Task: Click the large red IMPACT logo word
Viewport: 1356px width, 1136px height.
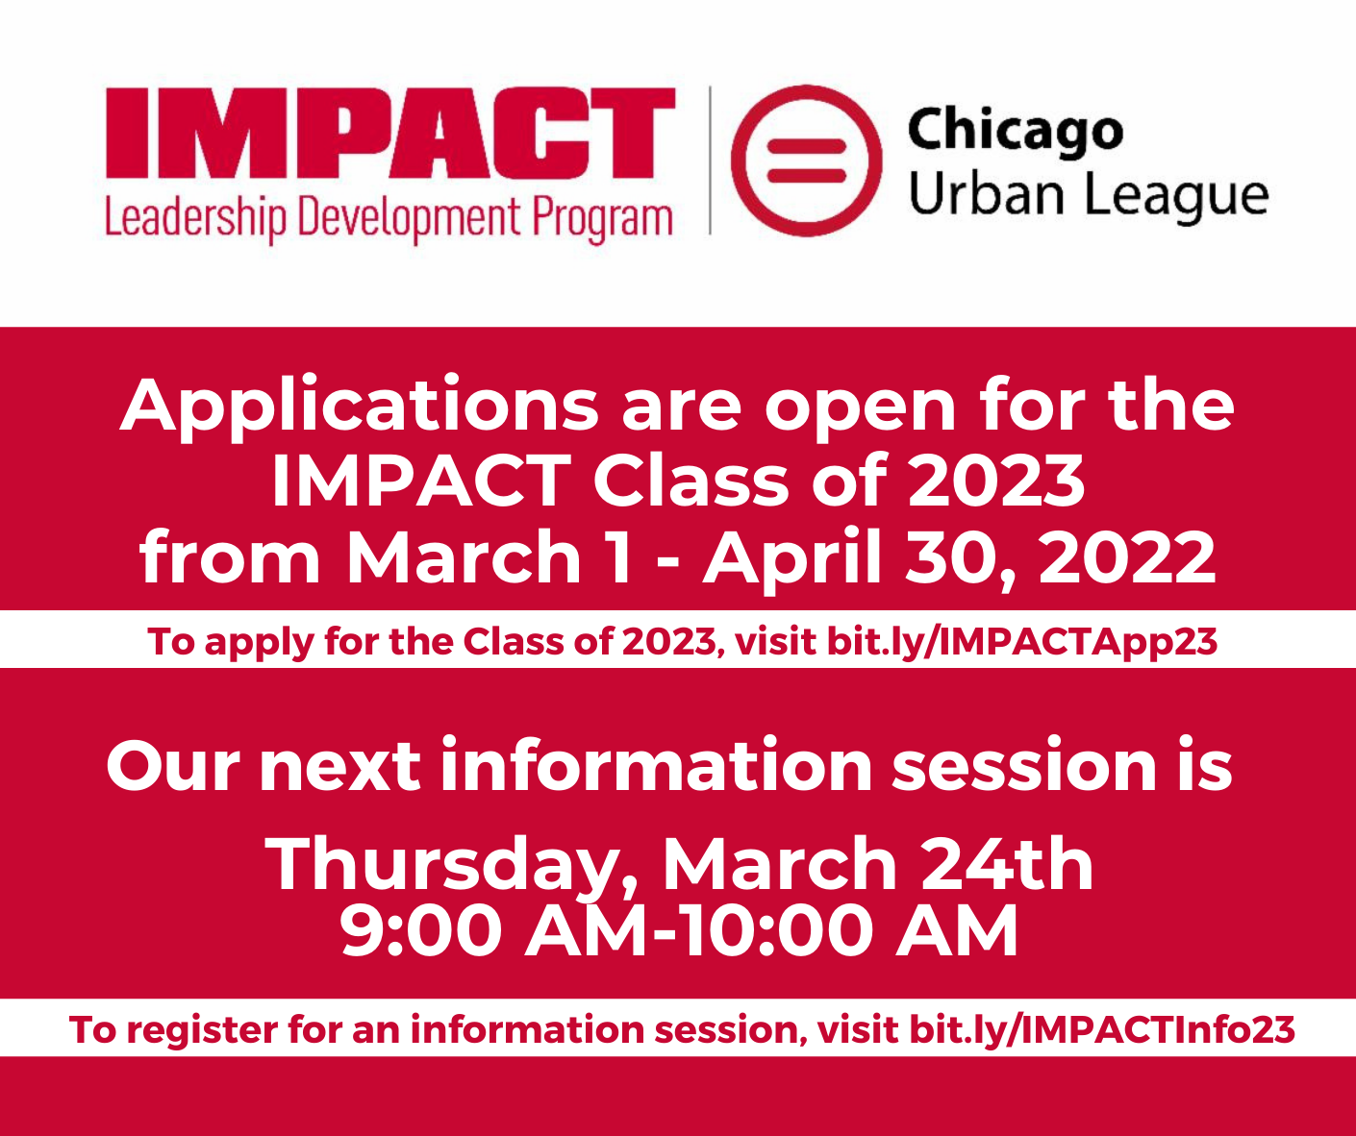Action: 390,133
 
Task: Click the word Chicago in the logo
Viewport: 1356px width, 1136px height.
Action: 1015,133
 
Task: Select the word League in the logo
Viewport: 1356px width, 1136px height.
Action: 1176,196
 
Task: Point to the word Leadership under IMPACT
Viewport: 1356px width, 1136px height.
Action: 195,219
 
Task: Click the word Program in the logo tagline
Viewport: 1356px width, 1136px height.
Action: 602,219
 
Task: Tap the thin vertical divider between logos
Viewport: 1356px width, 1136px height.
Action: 710,161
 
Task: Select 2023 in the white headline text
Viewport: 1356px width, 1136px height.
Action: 996,481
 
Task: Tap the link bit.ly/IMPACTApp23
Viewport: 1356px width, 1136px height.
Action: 1022,643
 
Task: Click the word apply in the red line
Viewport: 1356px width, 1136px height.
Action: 259,643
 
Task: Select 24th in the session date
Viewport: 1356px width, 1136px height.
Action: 1007,863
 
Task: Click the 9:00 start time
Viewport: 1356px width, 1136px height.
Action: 421,931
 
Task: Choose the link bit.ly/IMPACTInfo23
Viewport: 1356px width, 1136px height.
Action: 1102,1030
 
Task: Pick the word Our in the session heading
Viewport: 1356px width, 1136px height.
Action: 173,766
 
